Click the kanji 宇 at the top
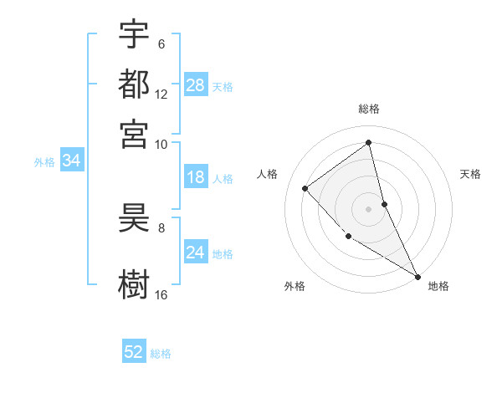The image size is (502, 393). click(x=134, y=34)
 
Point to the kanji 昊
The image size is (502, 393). click(x=134, y=222)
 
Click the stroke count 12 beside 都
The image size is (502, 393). click(x=161, y=94)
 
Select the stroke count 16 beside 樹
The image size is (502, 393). click(x=161, y=295)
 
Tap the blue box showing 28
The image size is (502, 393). click(x=196, y=85)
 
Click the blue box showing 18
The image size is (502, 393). click(x=196, y=177)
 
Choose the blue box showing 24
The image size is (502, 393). click(x=196, y=253)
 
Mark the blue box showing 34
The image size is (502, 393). click(x=71, y=161)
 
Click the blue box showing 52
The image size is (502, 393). click(x=134, y=352)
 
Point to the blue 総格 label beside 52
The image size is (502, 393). click(x=161, y=354)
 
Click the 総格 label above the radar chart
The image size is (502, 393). click(x=369, y=109)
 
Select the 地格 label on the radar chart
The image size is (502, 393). click(x=438, y=286)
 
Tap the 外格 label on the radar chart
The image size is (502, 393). click(x=295, y=286)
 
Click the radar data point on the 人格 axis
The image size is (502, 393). click(x=305, y=188)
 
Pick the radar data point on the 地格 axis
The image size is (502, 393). click(x=417, y=275)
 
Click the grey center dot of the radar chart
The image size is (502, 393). click(x=369, y=208)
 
